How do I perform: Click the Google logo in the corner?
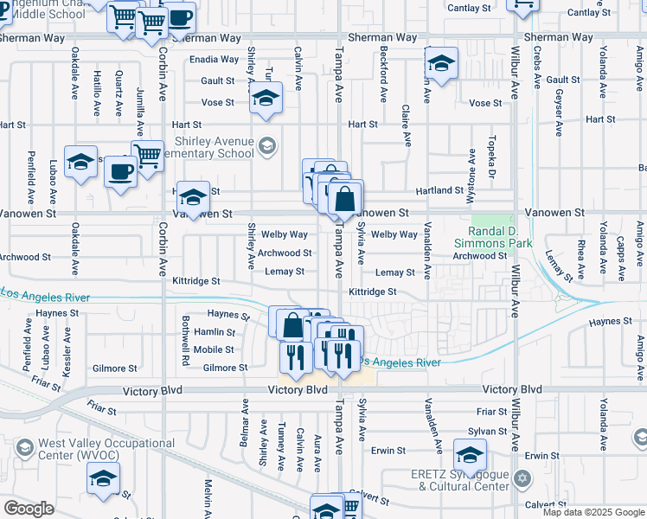29,509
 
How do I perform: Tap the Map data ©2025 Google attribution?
593,512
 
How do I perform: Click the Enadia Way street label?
214,60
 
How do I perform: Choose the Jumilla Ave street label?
140,102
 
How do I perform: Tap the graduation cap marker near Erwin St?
470,454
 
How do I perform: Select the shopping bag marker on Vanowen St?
344,198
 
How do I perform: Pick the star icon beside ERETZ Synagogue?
521,478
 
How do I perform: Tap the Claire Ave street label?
406,125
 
